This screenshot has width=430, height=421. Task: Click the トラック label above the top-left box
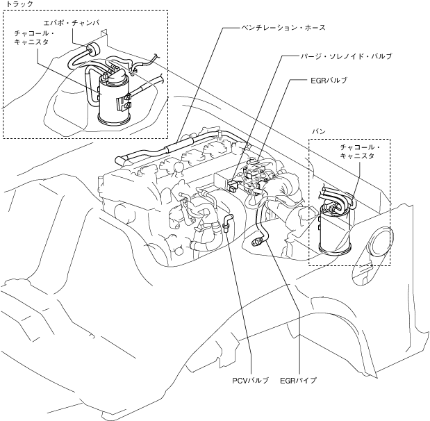pyautogui.click(x=19, y=5)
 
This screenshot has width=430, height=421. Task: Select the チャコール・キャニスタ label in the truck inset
pyautogui.click(x=34, y=38)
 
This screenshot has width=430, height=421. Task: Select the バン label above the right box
pyautogui.click(x=318, y=131)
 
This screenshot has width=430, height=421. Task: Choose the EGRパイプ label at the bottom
pyautogui.click(x=298, y=381)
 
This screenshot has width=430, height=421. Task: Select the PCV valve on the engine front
pyautogui.click(x=227, y=225)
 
